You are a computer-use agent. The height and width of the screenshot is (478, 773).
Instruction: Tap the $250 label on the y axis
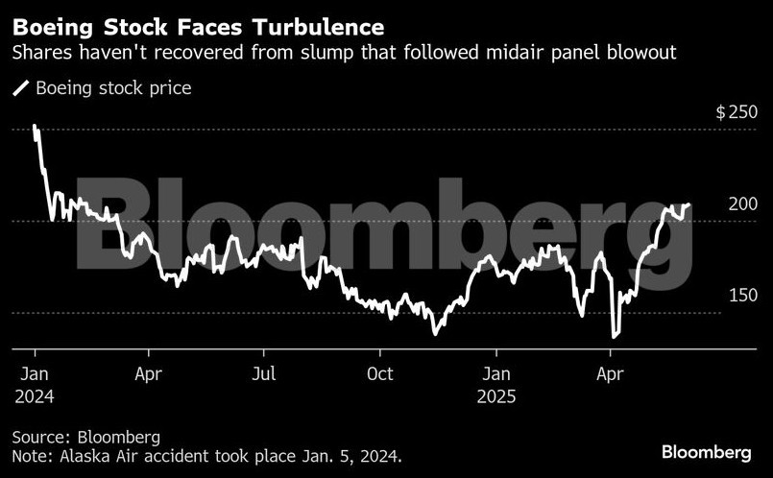point(737,112)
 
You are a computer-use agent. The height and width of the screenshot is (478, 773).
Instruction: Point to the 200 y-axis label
point(743,203)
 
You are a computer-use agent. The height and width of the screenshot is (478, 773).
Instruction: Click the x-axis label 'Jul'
point(264,373)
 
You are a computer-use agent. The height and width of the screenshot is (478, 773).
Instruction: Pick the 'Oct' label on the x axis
point(380,373)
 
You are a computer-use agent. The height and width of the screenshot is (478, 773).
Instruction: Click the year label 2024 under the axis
point(36,395)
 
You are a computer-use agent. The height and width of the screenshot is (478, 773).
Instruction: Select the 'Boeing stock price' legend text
point(113,88)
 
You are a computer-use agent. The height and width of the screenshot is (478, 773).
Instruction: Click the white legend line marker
point(20,88)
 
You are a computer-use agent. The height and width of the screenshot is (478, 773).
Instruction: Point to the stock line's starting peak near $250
point(35,126)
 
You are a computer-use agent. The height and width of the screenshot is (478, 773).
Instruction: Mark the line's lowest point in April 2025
point(614,337)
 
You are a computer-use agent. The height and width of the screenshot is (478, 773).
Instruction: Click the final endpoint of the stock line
point(688,204)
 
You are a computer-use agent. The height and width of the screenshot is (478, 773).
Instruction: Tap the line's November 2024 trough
point(435,334)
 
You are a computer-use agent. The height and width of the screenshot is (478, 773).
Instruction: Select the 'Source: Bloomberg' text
point(85,438)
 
